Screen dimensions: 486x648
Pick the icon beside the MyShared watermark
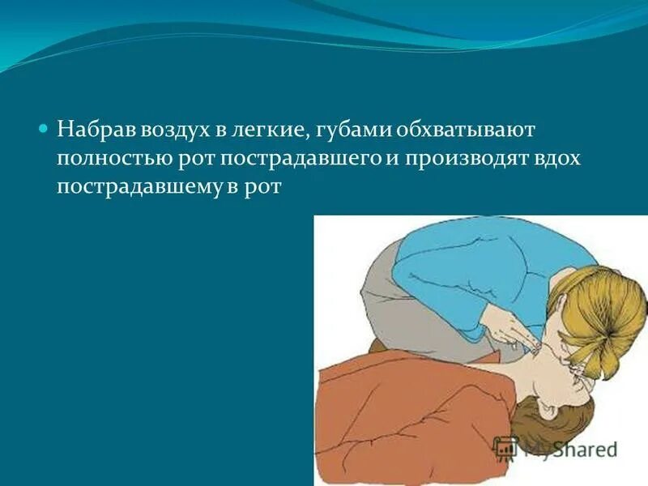tap(505, 448)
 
